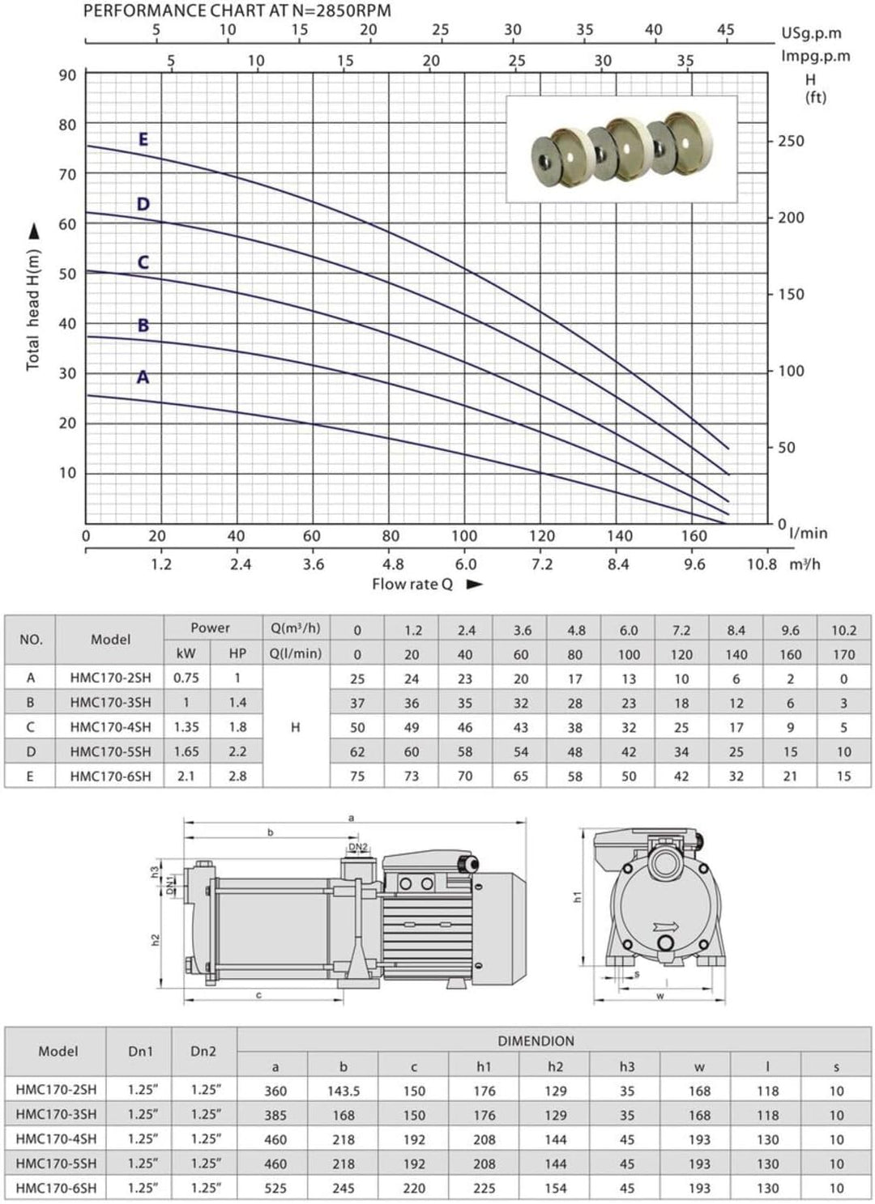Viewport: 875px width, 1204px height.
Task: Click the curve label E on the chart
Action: coord(143,139)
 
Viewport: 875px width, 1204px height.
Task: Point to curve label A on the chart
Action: coord(143,377)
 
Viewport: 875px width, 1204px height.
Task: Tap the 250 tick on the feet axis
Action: coord(790,142)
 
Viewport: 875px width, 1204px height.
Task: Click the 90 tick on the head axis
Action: coord(68,74)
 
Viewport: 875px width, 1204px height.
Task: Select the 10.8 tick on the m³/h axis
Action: coord(762,564)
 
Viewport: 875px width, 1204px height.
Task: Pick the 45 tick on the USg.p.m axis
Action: coord(725,30)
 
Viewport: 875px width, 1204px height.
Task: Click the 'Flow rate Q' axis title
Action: coord(412,584)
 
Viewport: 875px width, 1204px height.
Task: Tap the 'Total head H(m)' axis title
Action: coord(32,310)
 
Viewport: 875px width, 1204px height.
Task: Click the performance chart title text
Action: coord(237,11)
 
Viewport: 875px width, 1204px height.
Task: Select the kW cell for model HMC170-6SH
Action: coord(186,776)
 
